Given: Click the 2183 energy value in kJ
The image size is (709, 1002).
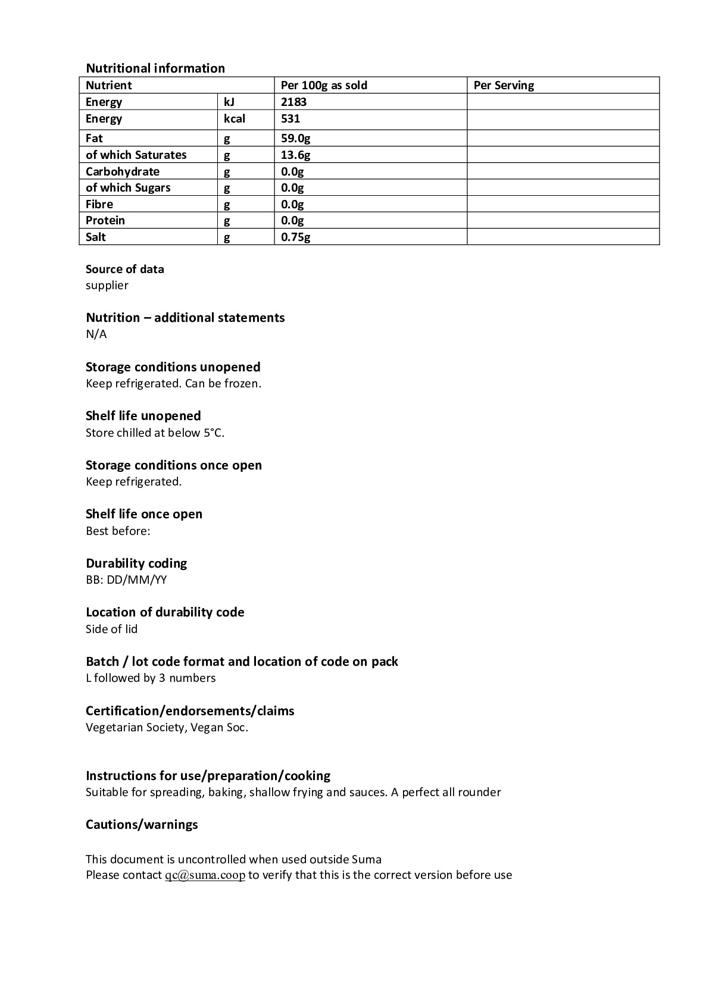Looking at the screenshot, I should [x=293, y=102].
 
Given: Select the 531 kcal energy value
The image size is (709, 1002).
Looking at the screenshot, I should [x=291, y=118].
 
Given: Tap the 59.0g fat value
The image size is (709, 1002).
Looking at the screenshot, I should [x=295, y=139].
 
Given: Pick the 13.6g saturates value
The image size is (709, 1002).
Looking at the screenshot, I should [x=295, y=155].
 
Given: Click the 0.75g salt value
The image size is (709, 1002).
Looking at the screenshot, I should [x=295, y=237].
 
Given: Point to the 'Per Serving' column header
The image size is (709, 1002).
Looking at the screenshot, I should [x=504, y=85].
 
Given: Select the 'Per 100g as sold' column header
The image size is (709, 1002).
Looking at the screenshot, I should [x=324, y=85].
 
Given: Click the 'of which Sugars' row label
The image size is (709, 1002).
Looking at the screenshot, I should [x=128, y=187].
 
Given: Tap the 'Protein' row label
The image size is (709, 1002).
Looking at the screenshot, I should [x=105, y=220].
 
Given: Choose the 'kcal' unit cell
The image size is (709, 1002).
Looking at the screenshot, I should [x=234, y=118].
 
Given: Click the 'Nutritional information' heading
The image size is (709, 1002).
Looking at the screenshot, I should [x=155, y=68].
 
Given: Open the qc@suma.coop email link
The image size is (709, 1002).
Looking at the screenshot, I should [x=205, y=875].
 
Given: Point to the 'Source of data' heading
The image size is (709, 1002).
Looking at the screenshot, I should [x=124, y=269].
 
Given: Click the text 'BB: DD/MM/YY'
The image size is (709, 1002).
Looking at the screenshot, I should [x=126, y=580].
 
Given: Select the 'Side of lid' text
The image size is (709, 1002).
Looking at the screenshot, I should [x=111, y=629].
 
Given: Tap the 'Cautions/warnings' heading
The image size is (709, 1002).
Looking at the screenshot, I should [x=142, y=825].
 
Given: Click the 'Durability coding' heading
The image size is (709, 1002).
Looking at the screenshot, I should [x=136, y=563].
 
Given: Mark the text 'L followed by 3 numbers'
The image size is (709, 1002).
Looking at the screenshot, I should [x=151, y=678].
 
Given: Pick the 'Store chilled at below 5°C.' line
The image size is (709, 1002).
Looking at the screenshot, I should [x=155, y=433].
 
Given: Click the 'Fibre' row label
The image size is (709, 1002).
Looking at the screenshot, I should [x=99, y=204].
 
